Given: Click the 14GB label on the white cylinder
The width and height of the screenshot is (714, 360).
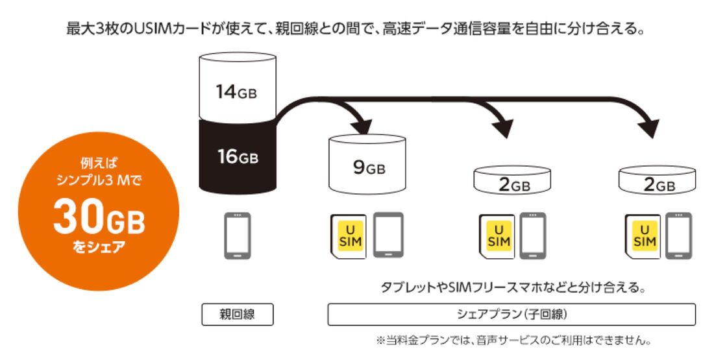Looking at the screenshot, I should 236,92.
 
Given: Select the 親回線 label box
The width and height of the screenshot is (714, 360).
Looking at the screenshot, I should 236,315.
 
